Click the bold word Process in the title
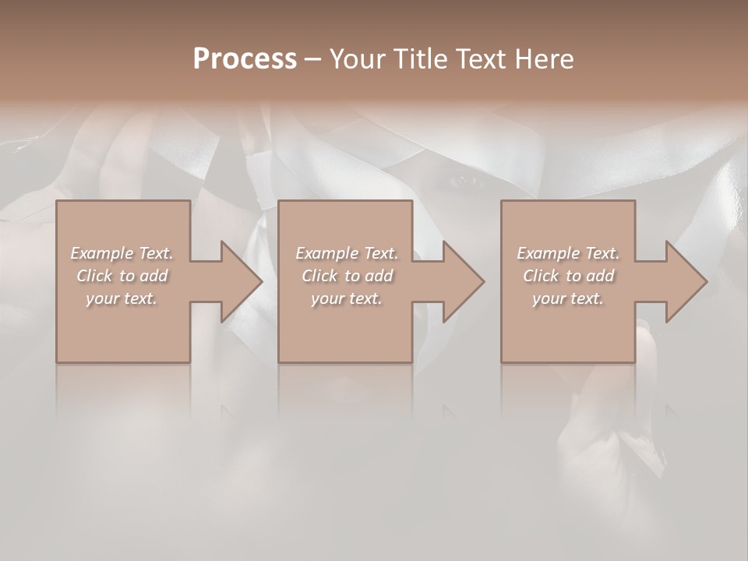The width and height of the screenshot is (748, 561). pyautogui.click(x=245, y=59)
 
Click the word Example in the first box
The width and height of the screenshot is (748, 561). pyautogui.click(x=101, y=253)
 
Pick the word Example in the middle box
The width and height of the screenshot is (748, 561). pyautogui.click(x=326, y=253)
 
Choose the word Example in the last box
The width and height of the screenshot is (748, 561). pyautogui.click(x=548, y=253)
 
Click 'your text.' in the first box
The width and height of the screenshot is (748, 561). pyautogui.click(x=122, y=298)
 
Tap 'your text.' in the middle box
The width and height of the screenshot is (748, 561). pyautogui.click(x=347, y=298)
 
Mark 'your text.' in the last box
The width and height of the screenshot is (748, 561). pyautogui.click(x=568, y=298)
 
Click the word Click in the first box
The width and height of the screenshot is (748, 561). pyautogui.click(x=94, y=276)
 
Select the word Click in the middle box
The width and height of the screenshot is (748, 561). pyautogui.click(x=319, y=276)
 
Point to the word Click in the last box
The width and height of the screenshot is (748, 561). pyautogui.click(x=541, y=276)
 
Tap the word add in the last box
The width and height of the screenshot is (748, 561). pyautogui.click(x=602, y=276)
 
